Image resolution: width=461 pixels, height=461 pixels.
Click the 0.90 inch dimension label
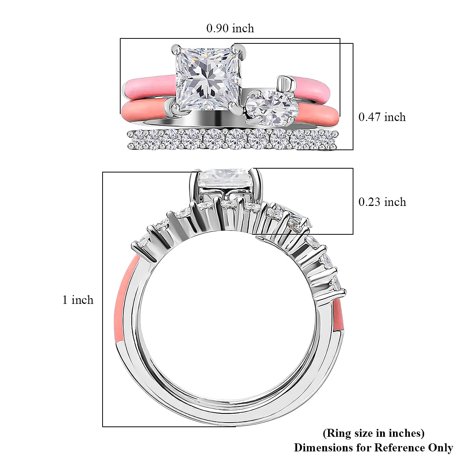click(x=230, y=28)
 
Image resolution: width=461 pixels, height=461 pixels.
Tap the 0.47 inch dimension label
click(x=382, y=117)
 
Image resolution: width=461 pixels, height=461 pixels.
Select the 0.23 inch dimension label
click(x=382, y=202)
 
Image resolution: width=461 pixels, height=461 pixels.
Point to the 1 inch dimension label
click(x=78, y=300)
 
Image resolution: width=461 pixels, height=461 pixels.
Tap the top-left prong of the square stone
click(x=176, y=50)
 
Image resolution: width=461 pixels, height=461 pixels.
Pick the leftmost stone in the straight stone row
click(x=138, y=140)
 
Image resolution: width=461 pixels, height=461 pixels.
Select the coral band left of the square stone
click(x=146, y=110)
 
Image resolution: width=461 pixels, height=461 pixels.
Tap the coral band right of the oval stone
click(x=318, y=115)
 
